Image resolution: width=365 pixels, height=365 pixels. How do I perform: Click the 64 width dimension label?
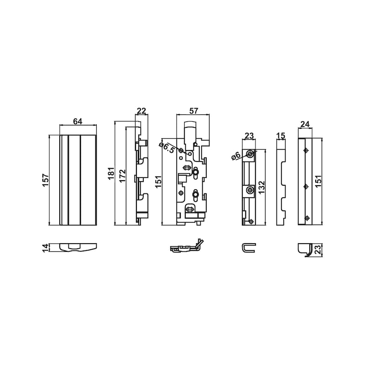(x=78, y=121)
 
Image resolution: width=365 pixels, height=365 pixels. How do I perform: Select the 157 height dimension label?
(x=45, y=180)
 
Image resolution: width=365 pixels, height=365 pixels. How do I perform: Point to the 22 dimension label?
(x=141, y=111)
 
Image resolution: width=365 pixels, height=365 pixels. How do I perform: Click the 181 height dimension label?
(x=111, y=173)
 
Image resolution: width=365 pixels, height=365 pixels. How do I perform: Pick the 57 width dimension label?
(x=193, y=111)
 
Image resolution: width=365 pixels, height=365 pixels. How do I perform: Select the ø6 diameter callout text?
(x=236, y=156)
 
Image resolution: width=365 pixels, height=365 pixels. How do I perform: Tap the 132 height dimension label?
(x=261, y=188)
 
